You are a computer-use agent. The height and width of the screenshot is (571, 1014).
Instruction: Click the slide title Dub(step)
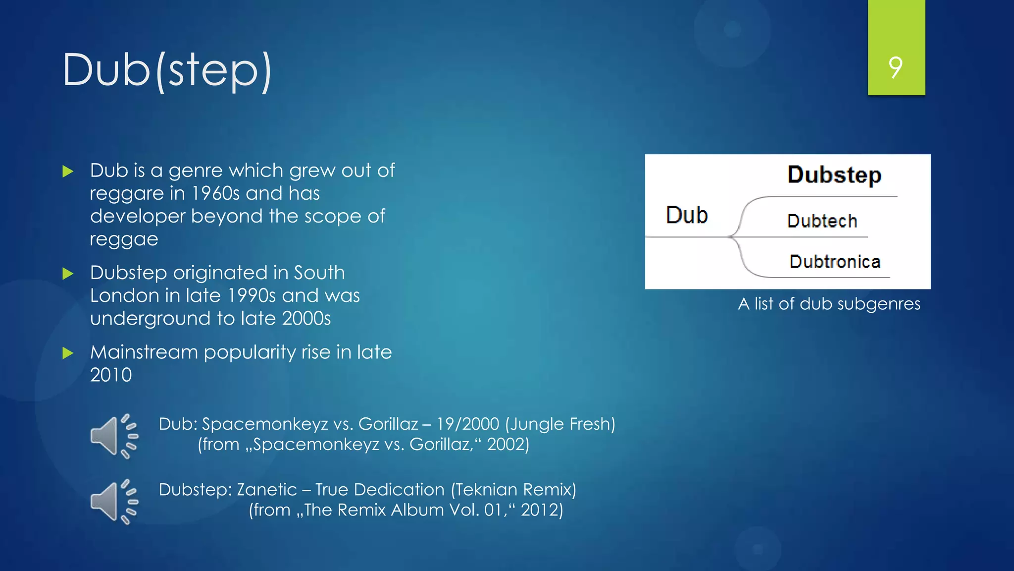click(x=167, y=70)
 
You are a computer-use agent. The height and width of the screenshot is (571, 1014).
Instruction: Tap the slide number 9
click(x=896, y=67)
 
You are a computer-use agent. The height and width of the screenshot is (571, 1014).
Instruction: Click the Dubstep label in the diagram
click(x=834, y=174)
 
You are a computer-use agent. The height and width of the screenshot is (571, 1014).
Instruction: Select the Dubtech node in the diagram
click(x=822, y=221)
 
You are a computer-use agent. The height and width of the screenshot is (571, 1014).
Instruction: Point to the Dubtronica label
click(x=835, y=262)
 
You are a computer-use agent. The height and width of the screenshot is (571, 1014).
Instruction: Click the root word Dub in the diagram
click(x=687, y=215)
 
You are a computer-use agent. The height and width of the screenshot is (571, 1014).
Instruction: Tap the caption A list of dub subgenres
click(x=829, y=303)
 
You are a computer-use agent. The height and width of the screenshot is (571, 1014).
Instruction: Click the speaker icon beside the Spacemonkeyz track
click(x=114, y=436)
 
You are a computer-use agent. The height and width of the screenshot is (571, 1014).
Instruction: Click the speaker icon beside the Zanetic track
click(x=114, y=502)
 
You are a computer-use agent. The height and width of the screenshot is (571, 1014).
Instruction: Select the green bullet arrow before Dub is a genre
click(x=68, y=172)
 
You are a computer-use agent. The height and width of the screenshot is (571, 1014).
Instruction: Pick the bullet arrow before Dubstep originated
click(x=68, y=274)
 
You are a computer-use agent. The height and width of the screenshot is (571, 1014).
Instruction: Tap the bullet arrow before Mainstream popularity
click(x=68, y=353)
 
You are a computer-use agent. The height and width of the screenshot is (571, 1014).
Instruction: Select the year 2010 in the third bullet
click(x=111, y=375)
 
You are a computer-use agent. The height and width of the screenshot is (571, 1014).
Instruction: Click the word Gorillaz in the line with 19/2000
click(x=388, y=424)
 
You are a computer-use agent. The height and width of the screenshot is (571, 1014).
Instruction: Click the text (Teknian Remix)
click(x=513, y=490)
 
